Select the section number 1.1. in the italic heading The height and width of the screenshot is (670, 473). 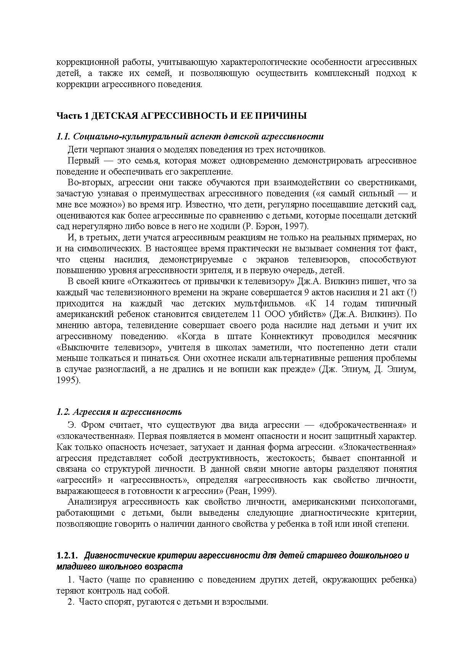point(63,136)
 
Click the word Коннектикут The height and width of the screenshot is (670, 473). point(287,337)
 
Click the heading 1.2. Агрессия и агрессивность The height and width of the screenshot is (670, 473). point(119,412)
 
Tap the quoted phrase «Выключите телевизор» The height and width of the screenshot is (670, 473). point(108,348)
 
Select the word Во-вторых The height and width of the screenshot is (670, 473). point(88,182)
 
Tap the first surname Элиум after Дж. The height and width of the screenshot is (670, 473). point(356,370)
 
